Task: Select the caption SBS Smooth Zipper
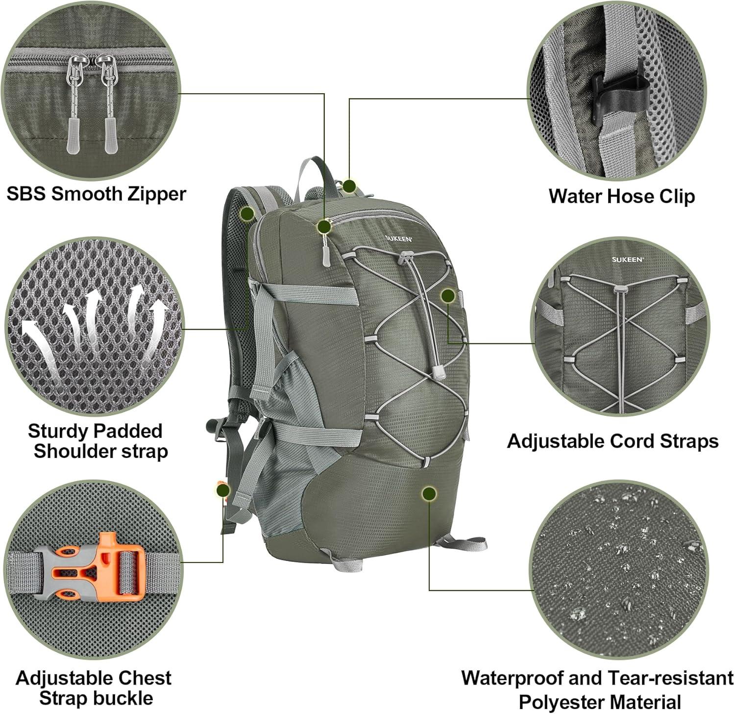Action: [x=96, y=194]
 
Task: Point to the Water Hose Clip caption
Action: [x=621, y=196]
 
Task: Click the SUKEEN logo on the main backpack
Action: [x=398, y=239]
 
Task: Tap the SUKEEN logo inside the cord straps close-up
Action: [x=627, y=260]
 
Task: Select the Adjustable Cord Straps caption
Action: [x=612, y=441]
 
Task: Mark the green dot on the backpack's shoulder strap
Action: [x=247, y=213]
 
